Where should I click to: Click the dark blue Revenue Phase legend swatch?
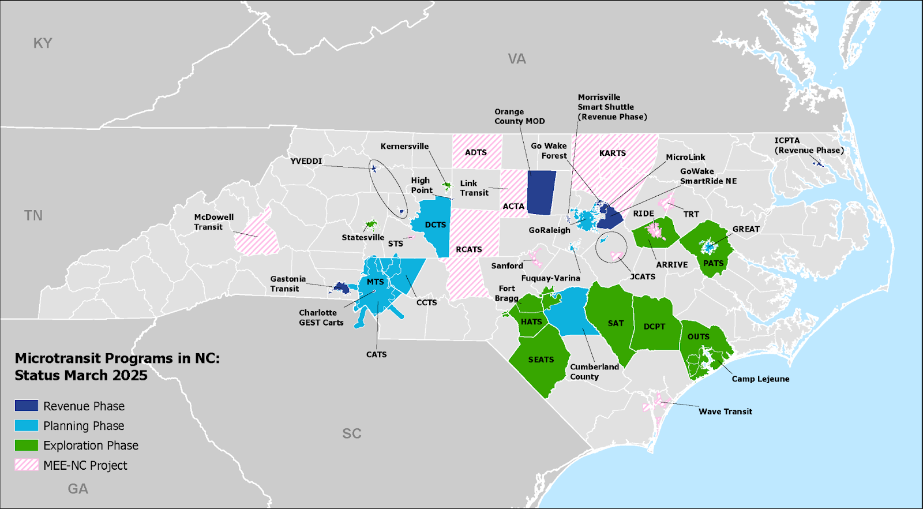coord(27,406)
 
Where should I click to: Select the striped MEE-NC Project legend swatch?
coord(27,465)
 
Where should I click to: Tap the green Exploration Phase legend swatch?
coord(27,446)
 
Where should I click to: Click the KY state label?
coord(43,43)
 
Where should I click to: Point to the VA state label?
coord(517,59)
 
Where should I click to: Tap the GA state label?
coord(78,489)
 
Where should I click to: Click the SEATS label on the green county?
coord(541,360)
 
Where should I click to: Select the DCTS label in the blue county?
coord(436,224)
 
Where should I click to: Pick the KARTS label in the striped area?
coord(613,153)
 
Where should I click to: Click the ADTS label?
coord(476,152)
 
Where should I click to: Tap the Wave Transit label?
coord(725,411)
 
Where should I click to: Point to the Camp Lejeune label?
coord(760,379)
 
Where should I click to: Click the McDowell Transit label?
coord(213,222)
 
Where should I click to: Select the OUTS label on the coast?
coord(698,336)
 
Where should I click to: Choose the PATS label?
coord(714,263)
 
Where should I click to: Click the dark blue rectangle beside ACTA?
coord(542,192)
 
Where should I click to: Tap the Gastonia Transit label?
coord(288,283)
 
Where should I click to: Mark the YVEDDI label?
coord(306,161)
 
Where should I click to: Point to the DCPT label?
coord(654,326)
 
